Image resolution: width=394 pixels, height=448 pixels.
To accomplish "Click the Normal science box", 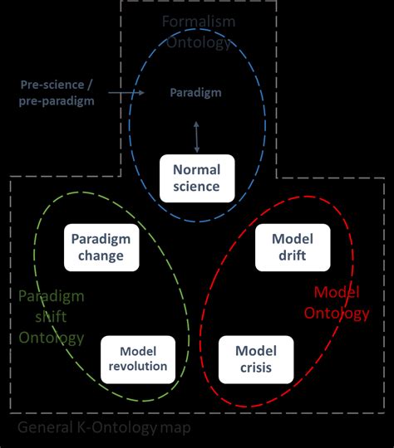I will click(196, 178).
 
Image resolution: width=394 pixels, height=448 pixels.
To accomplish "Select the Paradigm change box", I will click(101, 247).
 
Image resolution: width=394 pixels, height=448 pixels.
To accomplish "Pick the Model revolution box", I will click(138, 358).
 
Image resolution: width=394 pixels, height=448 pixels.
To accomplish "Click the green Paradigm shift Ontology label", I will click(51, 317).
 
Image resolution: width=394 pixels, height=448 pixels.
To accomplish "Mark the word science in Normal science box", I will click(196, 187).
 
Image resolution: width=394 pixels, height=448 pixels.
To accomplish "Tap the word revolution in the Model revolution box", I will click(138, 367).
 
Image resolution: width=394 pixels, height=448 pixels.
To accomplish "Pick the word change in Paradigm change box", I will click(101, 256).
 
